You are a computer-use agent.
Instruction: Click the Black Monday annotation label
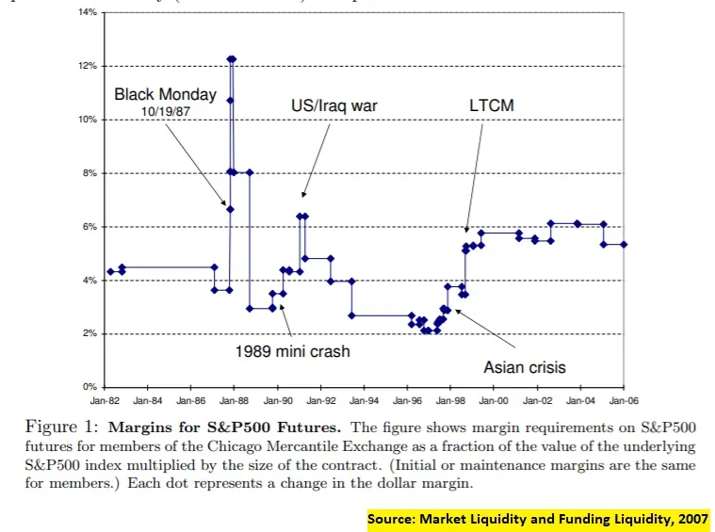coord(165,94)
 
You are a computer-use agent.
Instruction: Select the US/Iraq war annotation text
coord(333,105)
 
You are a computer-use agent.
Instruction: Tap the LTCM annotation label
coord(491,105)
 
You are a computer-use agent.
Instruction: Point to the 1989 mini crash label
coord(292,351)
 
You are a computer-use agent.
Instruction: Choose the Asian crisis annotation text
coord(525,367)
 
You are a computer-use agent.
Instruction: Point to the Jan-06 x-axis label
coord(624,400)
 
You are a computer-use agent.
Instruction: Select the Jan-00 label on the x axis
coord(495,400)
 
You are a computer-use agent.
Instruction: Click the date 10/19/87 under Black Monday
coord(165,111)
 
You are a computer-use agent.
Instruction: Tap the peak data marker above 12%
coord(232,58)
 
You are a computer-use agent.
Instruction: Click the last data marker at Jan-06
coord(624,244)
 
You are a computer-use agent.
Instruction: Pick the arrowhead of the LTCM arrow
coord(466,229)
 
